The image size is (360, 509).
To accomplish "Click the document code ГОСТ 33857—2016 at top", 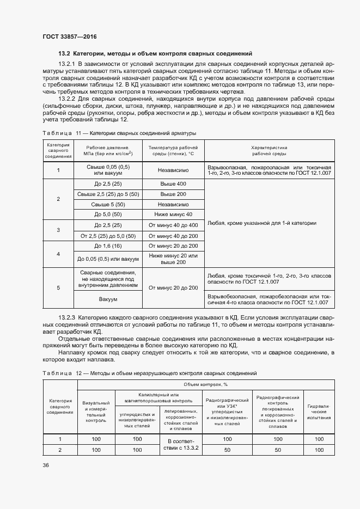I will (x=70, y=36).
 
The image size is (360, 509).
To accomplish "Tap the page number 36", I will (x=45, y=464).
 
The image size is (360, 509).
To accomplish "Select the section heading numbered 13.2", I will (x=155, y=54).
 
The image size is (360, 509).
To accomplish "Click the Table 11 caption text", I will (x=119, y=133).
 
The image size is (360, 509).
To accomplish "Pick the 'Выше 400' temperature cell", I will (x=173, y=184).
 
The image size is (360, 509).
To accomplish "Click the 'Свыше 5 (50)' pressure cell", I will (x=108, y=204).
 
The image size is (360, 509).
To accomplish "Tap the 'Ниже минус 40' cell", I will (x=173, y=214).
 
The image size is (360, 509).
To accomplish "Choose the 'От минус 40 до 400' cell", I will (x=173, y=225).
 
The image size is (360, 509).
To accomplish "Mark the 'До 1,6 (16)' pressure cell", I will (x=108, y=246).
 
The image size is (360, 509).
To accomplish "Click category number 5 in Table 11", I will (x=58, y=287).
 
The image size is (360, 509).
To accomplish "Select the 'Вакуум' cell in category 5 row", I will (x=108, y=299).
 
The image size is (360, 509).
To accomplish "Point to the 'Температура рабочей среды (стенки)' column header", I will (x=173, y=150).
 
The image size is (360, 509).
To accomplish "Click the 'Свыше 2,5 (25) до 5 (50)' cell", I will (x=108, y=194).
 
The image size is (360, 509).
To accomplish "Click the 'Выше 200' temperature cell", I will (x=173, y=194).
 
